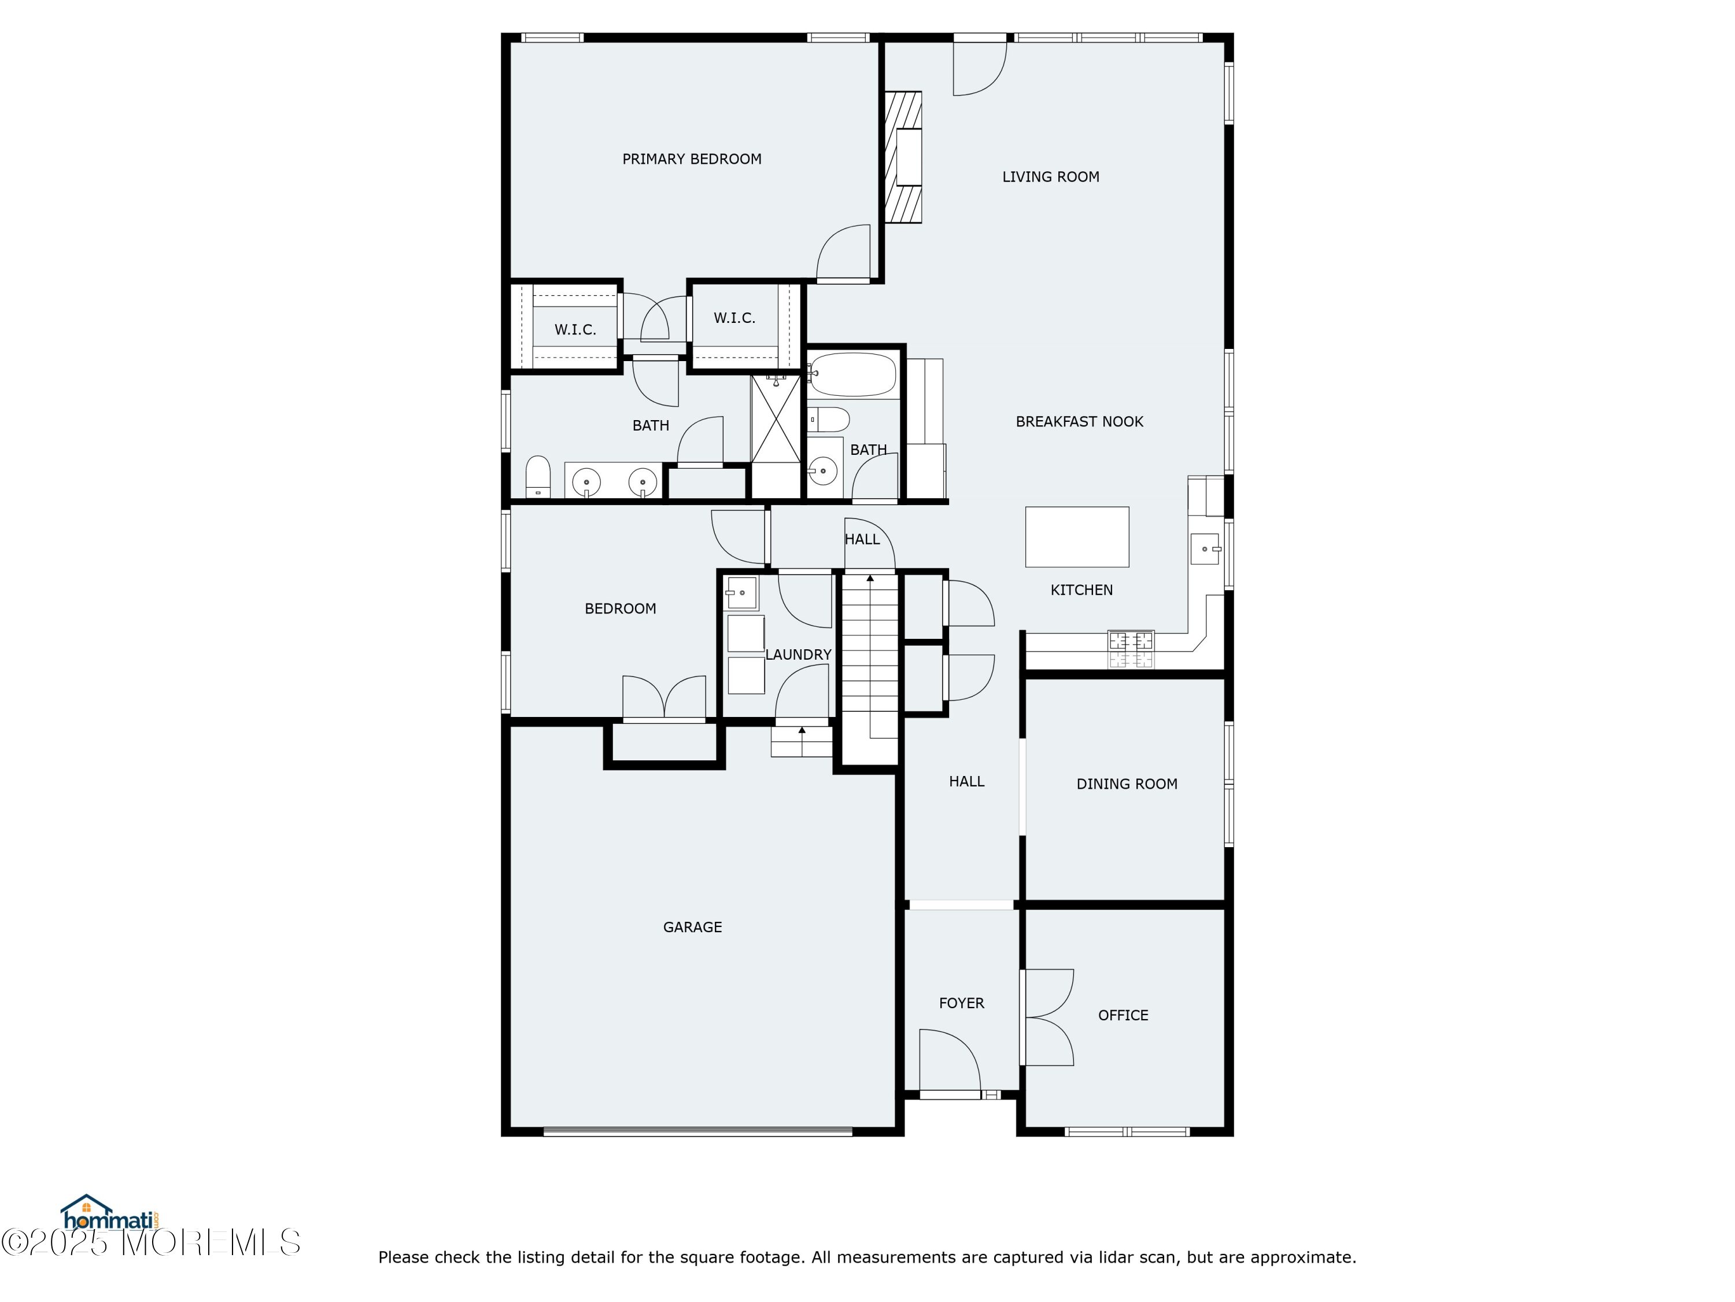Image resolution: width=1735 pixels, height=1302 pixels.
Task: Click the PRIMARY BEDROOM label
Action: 692,159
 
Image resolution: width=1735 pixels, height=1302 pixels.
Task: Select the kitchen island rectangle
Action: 1077,537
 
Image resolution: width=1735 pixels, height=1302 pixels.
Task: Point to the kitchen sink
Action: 1205,548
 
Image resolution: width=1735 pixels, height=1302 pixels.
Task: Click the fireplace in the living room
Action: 903,157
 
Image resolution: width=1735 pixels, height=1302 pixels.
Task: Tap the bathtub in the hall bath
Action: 852,375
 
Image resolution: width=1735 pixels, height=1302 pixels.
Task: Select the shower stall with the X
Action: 775,419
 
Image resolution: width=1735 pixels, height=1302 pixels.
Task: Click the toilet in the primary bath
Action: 537,476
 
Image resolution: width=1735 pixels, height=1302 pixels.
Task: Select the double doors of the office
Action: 1047,1017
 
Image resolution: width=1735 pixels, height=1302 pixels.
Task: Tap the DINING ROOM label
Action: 1127,784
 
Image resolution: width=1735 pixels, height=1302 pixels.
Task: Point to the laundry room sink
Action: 741,593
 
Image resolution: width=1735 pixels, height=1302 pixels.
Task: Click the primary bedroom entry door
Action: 844,253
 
